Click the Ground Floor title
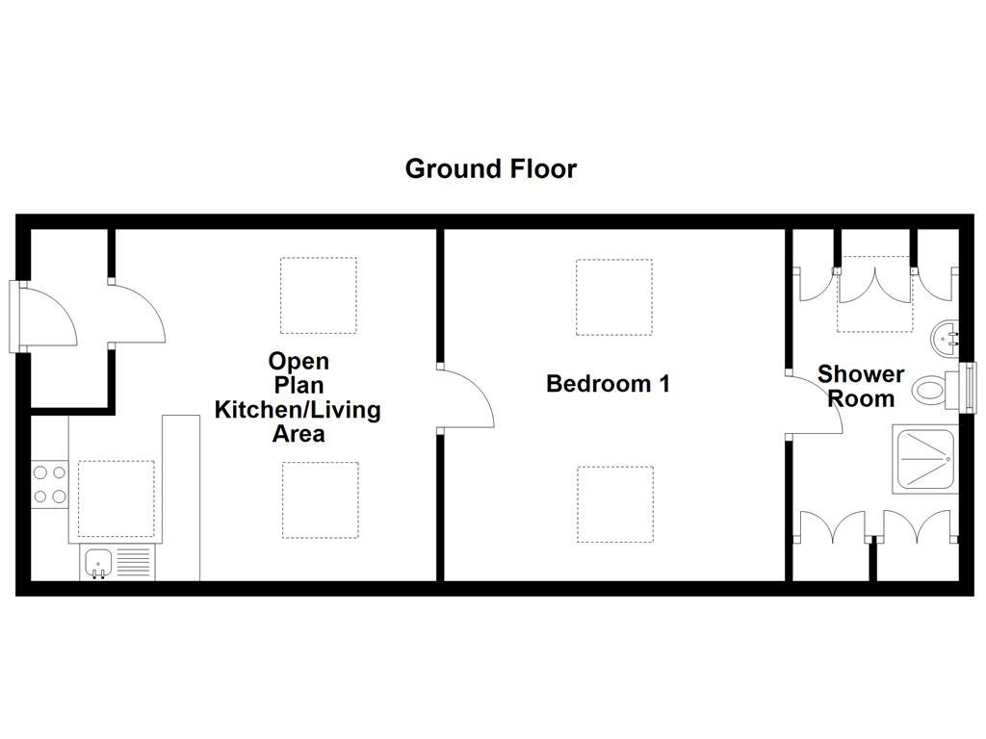490,169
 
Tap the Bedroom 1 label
608,384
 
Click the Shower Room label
861,386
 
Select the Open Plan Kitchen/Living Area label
298,397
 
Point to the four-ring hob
49,485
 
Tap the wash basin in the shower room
946,337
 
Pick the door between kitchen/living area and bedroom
465,396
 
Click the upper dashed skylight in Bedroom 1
614,296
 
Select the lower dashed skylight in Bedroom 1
615,503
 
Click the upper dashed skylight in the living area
319,294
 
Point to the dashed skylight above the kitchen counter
116,498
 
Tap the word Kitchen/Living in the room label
298,410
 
